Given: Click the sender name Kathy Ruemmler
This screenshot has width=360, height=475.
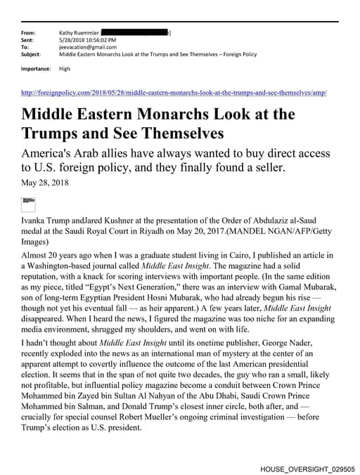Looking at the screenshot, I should coord(79,33).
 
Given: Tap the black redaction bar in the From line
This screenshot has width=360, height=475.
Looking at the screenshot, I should coord(136,33).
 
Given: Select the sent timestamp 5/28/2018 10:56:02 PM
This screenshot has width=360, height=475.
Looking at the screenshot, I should coord(88,40).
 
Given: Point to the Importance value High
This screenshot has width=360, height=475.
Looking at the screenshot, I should coord(65,69).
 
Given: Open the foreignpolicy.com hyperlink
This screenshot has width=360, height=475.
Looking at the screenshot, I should coord(174,93).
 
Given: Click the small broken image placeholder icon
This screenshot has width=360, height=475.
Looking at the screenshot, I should coord(29,203).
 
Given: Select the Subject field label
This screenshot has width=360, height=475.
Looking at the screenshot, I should coord(32,54).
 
